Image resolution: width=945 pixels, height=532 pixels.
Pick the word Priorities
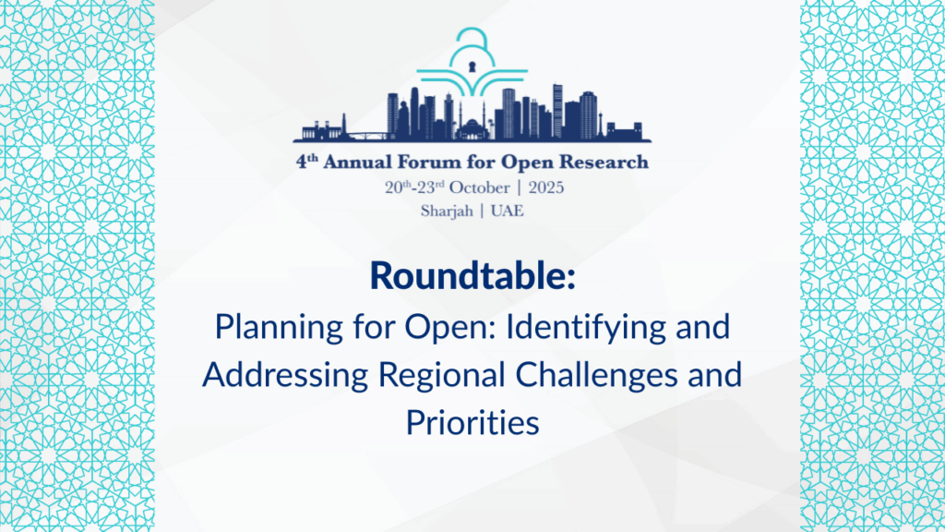pyautogui.click(x=472, y=423)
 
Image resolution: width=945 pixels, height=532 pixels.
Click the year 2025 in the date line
pyautogui.click(x=542, y=187)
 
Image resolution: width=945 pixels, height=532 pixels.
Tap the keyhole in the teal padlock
pyautogui.click(x=472, y=66)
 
